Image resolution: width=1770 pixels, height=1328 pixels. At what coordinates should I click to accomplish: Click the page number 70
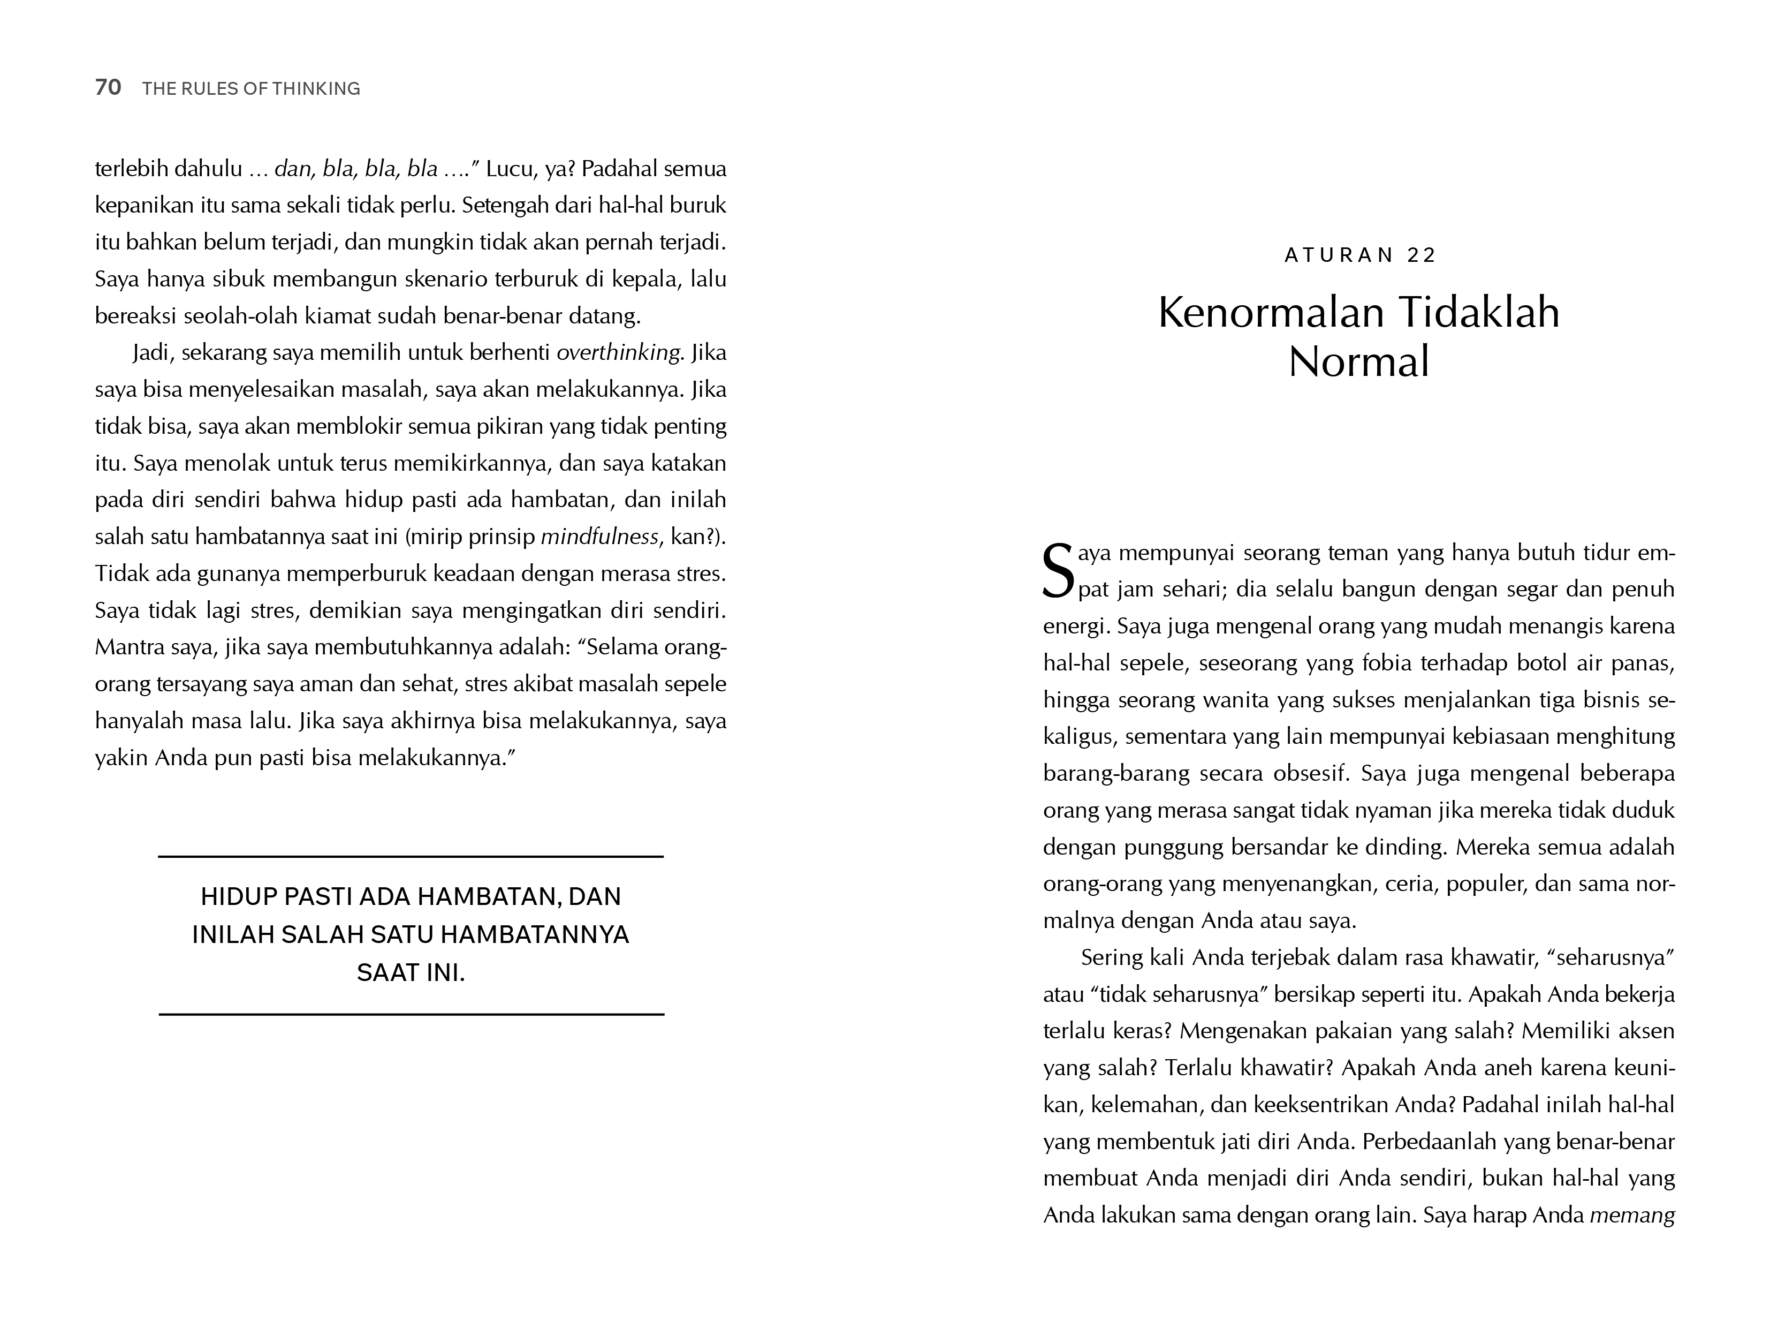tap(108, 88)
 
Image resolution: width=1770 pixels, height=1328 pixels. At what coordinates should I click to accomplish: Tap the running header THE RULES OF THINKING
tap(251, 89)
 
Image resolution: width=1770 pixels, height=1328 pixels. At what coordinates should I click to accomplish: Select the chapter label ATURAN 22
tap(1361, 255)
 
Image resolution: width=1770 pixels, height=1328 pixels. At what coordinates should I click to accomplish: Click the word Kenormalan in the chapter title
tap(1267, 312)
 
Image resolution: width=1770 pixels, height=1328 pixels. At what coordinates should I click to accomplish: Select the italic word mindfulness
tap(599, 537)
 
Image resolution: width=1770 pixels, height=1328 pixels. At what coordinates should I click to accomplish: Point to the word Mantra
tap(127, 647)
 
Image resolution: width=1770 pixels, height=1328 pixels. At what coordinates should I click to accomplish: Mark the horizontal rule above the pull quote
tap(411, 857)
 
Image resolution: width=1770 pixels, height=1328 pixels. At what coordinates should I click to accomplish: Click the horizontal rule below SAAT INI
tap(411, 1014)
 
